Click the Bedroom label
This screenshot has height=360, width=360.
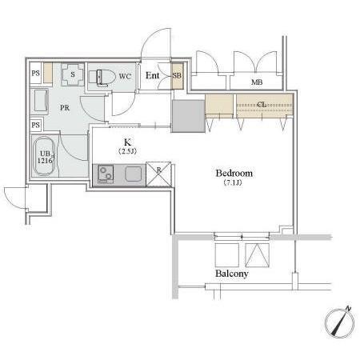[x=234, y=173]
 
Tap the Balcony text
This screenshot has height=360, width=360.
[x=232, y=274]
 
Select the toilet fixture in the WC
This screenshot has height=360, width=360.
[x=102, y=78]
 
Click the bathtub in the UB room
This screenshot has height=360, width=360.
[x=44, y=156]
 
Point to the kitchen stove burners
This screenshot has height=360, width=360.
[x=106, y=174]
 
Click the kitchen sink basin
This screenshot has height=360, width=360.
[x=134, y=174]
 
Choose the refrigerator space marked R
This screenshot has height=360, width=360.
[x=159, y=174]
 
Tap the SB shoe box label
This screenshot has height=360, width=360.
[x=177, y=75]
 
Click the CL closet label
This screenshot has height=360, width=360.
[x=262, y=105]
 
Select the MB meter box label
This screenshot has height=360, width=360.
[x=257, y=82]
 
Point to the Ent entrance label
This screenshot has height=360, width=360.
[x=152, y=75]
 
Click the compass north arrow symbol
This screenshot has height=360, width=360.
[x=340, y=322]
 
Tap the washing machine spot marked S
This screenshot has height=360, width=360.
[x=73, y=74]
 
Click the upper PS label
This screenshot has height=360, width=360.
[x=36, y=73]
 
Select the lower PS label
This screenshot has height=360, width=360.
[x=36, y=125]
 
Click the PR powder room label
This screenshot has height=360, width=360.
[x=65, y=108]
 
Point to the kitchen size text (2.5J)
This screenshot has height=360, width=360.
[x=127, y=151]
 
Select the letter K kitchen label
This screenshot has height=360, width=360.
[x=127, y=142]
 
